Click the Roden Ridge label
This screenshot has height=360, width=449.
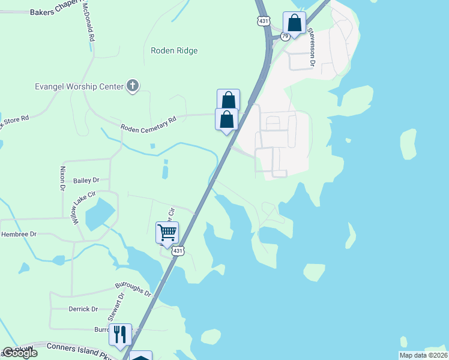174,51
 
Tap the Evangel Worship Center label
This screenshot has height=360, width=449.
78,86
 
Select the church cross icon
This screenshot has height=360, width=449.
133,86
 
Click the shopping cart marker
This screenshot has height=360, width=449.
167,232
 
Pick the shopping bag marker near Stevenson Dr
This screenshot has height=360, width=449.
294,23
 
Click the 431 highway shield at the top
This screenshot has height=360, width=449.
264,21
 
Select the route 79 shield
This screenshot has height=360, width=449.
285,37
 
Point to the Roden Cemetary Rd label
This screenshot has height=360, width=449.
149,124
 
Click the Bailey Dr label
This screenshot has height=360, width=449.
86,180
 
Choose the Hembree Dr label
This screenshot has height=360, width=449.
19,234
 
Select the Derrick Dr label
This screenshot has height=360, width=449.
83,309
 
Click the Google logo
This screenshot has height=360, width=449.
19,353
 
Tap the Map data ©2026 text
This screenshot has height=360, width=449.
423,355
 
